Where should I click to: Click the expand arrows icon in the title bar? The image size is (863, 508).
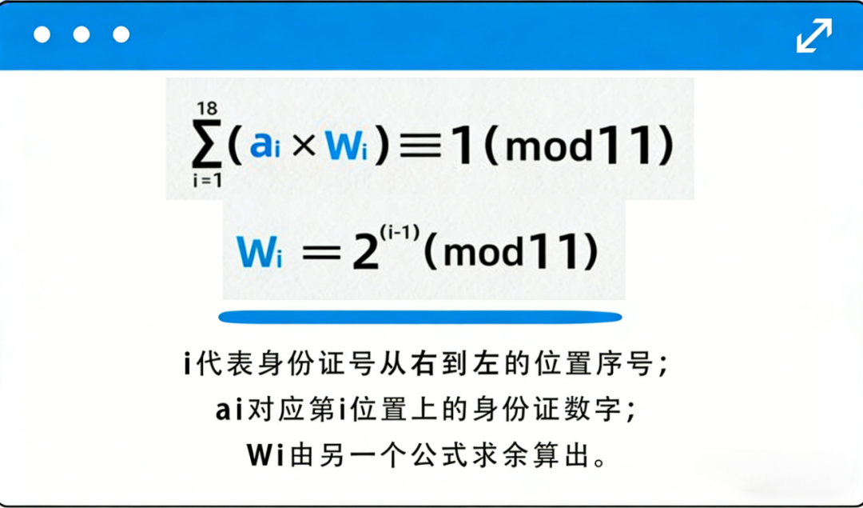click(x=813, y=35)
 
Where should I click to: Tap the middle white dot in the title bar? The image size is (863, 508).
click(x=82, y=34)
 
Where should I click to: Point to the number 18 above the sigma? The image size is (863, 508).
click(x=205, y=109)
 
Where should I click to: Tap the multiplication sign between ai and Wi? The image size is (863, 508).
click(x=304, y=147)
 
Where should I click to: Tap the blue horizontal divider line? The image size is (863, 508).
click(x=420, y=317)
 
